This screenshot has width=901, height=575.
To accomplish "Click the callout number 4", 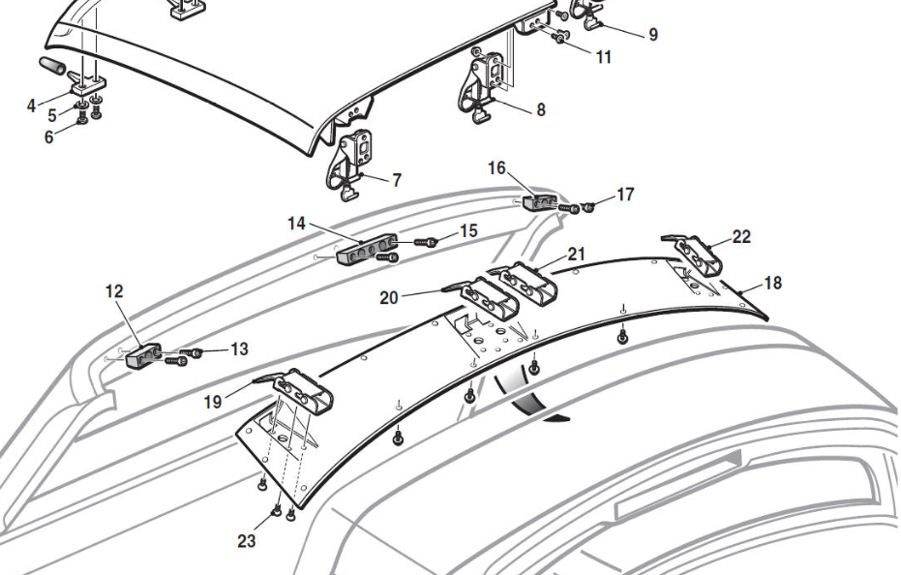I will point(32,105).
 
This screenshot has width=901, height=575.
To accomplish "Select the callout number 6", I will point(48,136).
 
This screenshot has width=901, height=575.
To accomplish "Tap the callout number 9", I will point(653,34).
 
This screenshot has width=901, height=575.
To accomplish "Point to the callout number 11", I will point(603,57).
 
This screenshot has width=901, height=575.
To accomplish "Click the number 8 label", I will point(540,109).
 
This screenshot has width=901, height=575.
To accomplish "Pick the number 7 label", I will point(397,180).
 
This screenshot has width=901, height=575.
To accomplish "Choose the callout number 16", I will point(496,168).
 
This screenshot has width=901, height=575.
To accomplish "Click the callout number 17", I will point(625,195).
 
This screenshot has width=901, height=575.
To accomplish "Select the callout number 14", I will point(296,224).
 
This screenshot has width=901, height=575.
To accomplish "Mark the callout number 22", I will point(741,237).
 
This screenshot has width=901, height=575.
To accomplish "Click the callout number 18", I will point(772,284).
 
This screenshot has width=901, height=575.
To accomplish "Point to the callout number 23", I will point(247,540).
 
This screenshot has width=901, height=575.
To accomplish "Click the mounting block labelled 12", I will point(143,355).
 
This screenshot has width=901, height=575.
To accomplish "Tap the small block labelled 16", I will point(540,203).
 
